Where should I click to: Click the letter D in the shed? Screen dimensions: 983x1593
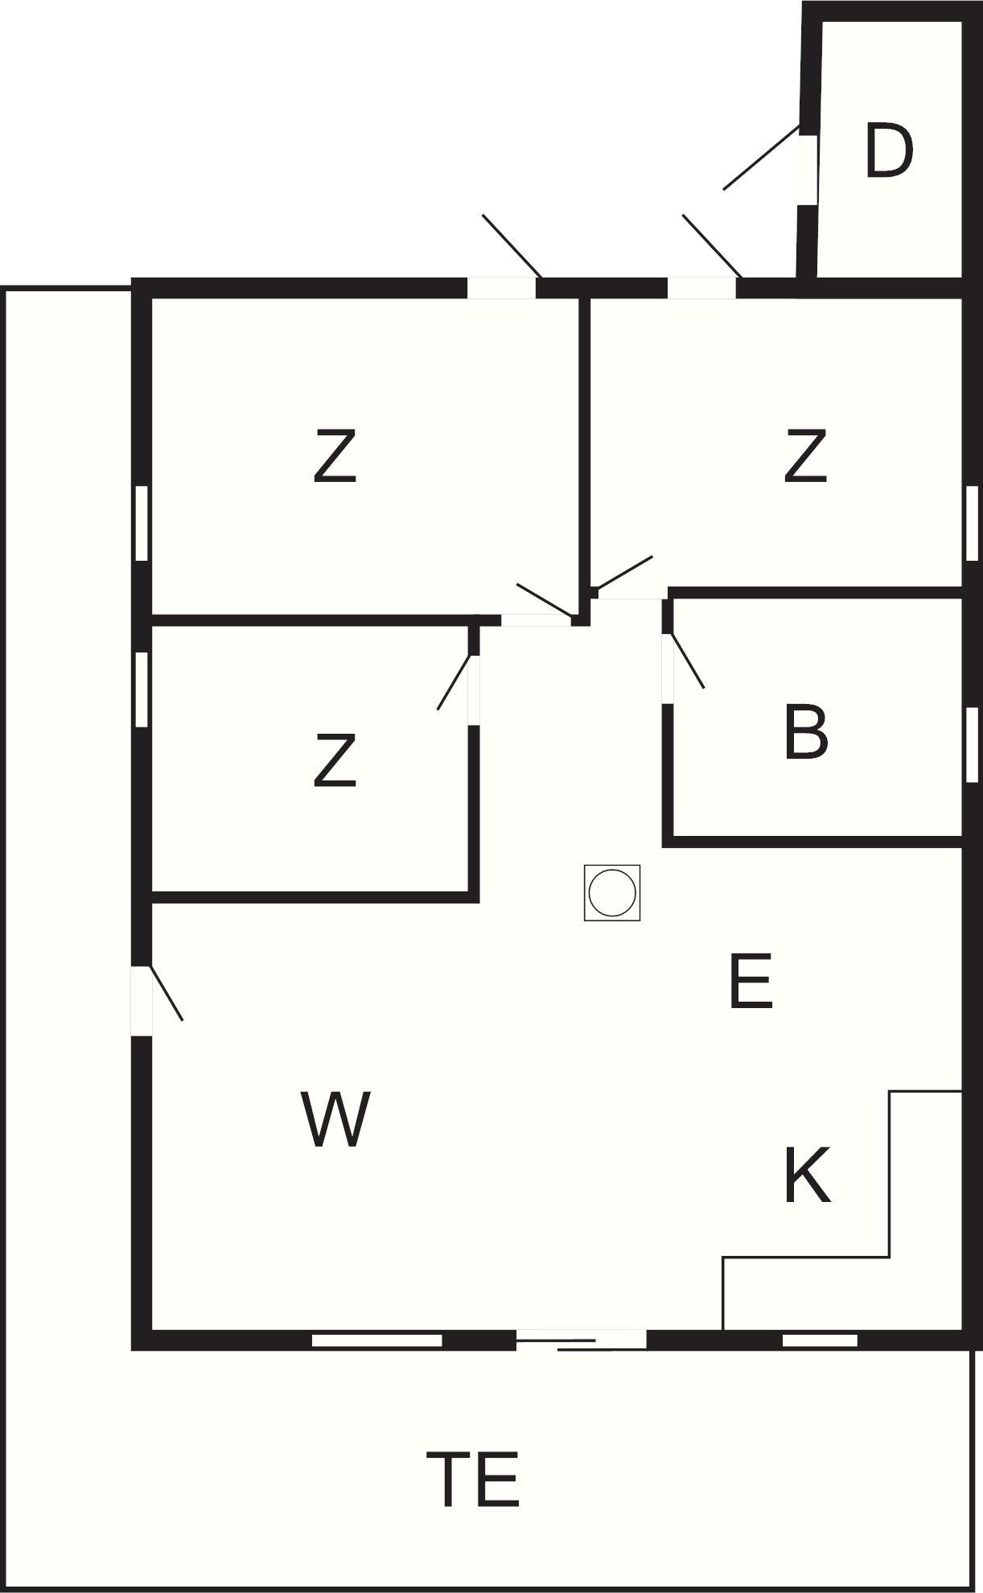(889, 150)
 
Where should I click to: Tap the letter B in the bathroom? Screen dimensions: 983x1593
(805, 731)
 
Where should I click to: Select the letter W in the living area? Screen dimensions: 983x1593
(335, 1118)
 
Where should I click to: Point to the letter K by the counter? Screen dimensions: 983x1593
(807, 1175)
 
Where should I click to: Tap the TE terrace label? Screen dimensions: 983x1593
(472, 1478)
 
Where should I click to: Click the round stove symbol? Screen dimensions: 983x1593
(612, 892)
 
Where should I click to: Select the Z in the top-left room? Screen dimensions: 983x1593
(335, 456)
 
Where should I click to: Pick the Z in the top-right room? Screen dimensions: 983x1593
(805, 456)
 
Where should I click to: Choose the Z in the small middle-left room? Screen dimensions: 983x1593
(335, 759)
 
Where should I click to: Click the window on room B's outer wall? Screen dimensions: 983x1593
(972, 744)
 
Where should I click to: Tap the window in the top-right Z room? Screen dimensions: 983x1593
(972, 523)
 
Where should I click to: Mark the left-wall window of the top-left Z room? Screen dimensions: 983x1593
(142, 523)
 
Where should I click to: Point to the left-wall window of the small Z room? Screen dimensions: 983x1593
(142, 689)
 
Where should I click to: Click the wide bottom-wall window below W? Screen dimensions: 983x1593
(377, 1340)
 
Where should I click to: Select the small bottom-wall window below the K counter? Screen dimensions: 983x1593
(820, 1340)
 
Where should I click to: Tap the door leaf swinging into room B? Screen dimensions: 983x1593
(687, 661)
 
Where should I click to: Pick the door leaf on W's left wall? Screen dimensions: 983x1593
(167, 994)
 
